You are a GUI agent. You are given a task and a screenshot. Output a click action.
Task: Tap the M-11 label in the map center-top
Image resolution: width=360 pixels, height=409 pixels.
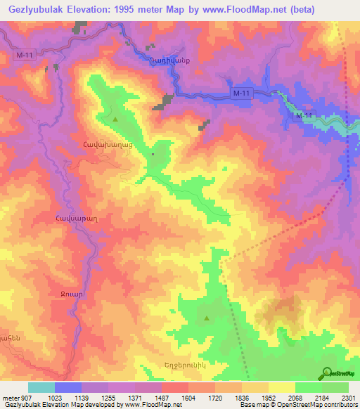(241, 93)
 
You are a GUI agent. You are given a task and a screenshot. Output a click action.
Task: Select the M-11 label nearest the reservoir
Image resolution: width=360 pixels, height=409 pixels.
(304, 115)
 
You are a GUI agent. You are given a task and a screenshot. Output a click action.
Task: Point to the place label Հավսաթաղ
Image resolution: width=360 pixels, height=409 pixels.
(65, 218)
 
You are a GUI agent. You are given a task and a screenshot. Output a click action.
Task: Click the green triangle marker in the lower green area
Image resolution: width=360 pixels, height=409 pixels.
(206, 318)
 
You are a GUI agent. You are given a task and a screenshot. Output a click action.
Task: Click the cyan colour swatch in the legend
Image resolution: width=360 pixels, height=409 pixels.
(41, 387)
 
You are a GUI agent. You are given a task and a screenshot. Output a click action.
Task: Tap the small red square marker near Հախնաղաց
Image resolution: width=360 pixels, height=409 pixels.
(153, 155)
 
